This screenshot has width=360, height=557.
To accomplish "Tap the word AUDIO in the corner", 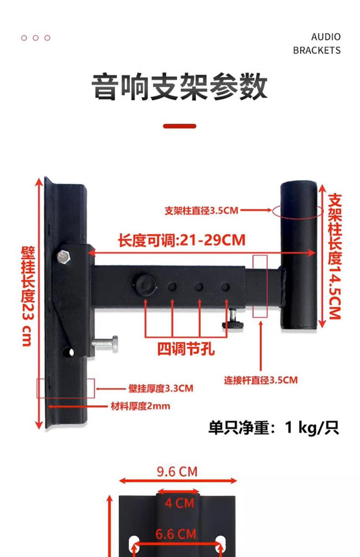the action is click(x=325, y=37).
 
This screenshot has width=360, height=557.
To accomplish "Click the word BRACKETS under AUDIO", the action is click(x=317, y=50).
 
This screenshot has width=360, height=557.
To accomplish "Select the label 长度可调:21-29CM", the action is click(x=182, y=240).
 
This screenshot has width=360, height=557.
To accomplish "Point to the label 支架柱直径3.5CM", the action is click(x=201, y=211).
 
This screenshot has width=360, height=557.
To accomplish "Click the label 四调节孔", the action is click(x=185, y=349).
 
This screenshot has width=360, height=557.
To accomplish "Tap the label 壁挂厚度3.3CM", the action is click(x=160, y=388).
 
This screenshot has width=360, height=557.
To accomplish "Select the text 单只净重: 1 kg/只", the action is click(x=273, y=428).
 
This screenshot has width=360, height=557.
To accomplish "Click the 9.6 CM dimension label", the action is click(x=177, y=471).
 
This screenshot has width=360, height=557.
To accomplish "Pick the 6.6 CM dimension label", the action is click(x=176, y=534).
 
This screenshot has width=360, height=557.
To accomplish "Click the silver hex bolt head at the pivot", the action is click(x=64, y=257).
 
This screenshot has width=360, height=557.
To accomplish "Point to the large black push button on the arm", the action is click(x=145, y=284).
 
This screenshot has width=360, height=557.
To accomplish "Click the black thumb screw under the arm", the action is click(x=233, y=323).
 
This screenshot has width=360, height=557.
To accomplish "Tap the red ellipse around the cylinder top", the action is click(x=298, y=211).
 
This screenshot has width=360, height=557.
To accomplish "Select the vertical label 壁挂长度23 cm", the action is click(x=27, y=296).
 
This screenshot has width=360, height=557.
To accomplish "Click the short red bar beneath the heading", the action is click(x=180, y=126).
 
